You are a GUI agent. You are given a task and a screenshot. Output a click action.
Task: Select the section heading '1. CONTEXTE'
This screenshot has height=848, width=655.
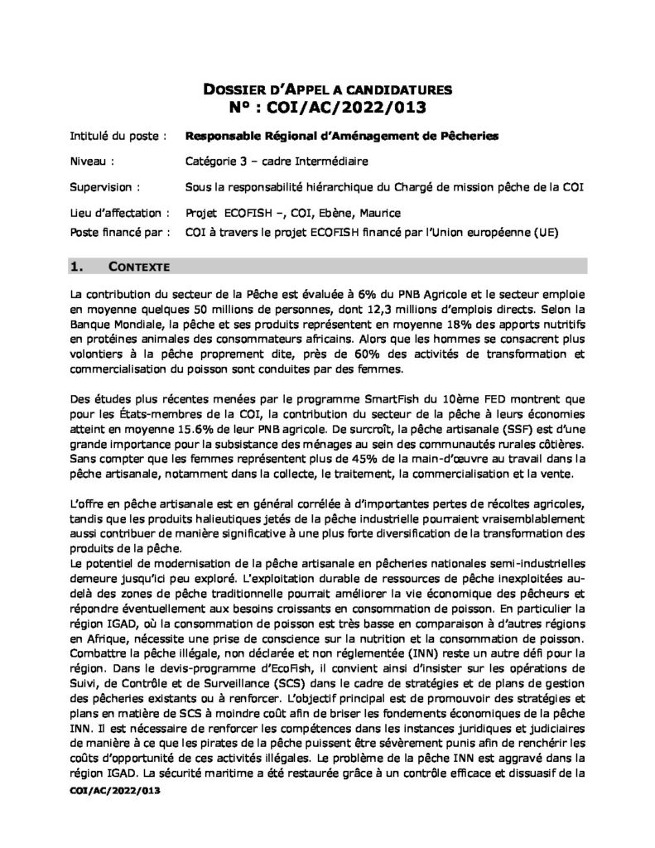(x=121, y=267)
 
